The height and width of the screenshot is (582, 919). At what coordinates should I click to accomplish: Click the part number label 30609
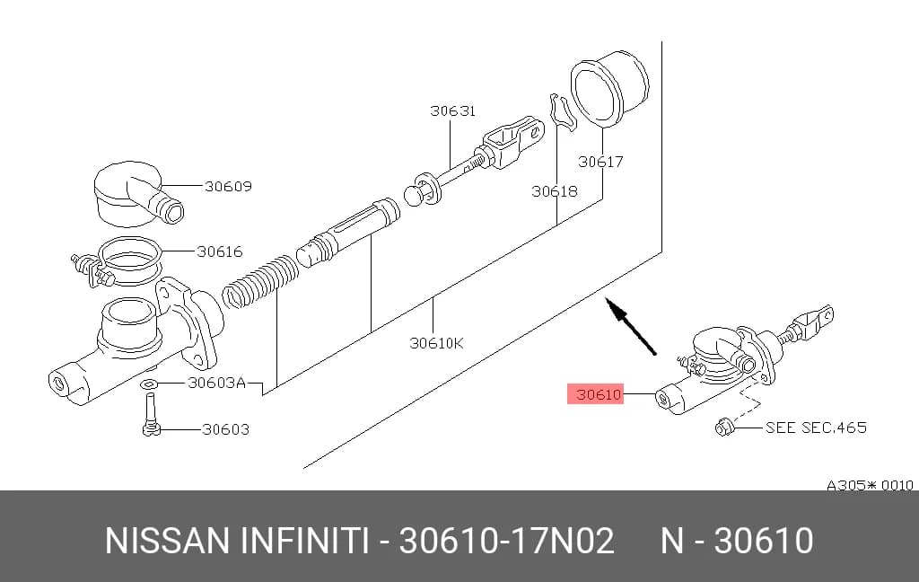(x=228, y=186)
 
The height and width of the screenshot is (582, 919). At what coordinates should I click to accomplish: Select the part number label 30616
(x=219, y=251)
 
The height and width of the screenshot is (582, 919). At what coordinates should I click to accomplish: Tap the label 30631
(x=452, y=110)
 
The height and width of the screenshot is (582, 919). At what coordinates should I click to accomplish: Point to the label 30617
(x=600, y=162)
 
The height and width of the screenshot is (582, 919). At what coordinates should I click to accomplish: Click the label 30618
(x=555, y=191)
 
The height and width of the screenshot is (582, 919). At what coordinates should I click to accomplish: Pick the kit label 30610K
(x=436, y=342)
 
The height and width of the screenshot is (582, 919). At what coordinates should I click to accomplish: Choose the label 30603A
(x=216, y=384)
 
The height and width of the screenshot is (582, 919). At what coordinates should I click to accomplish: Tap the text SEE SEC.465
(x=816, y=428)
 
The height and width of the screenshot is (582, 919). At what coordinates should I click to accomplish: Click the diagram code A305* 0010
(x=870, y=485)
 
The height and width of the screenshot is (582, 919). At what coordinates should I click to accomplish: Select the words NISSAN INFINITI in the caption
(x=237, y=541)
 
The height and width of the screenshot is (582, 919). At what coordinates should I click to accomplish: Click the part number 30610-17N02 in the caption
(x=506, y=541)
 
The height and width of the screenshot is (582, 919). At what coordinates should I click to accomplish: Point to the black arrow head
(x=613, y=307)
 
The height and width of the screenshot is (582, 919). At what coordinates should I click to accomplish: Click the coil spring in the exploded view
(x=261, y=282)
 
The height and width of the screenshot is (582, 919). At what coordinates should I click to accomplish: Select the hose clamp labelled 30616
(x=118, y=262)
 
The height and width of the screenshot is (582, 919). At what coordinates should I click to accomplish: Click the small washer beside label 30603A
(x=149, y=385)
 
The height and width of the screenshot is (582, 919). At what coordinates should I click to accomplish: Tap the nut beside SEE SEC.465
(x=723, y=428)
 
